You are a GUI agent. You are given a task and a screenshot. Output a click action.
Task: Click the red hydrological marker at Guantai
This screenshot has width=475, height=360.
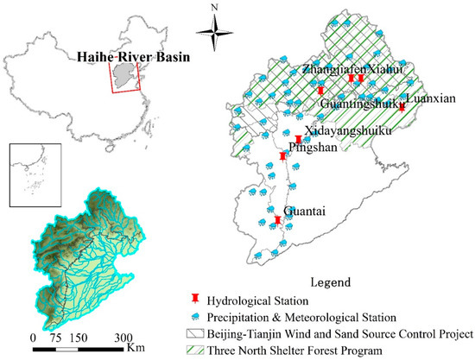(277, 221)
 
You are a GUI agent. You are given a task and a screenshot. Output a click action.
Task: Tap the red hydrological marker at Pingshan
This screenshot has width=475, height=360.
(283, 156)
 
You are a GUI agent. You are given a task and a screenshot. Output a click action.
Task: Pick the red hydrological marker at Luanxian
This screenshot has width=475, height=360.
(402, 107)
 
